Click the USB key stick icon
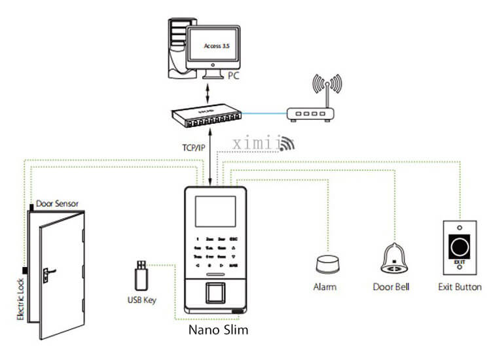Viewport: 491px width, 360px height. coord(139,275)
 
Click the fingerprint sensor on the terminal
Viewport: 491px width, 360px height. coord(217,292)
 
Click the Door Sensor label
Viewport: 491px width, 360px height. coord(58,204)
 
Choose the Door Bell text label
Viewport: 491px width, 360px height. coord(391,287)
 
